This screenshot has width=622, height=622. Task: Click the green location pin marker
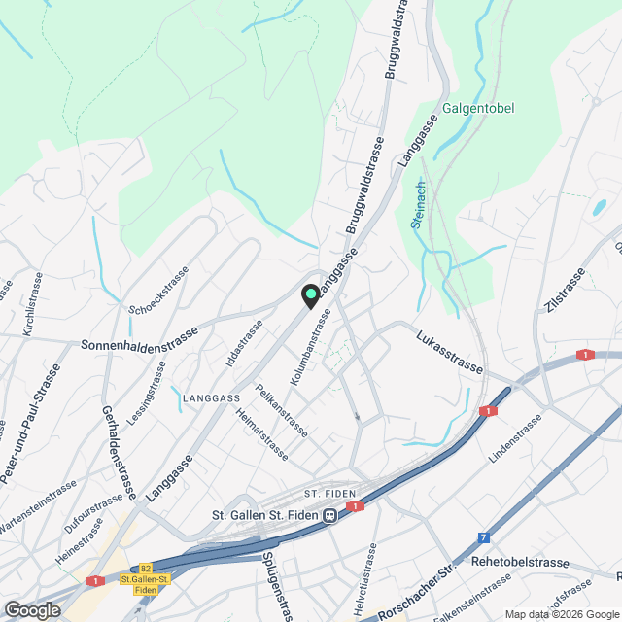[310, 295]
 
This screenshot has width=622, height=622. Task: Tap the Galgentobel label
[477, 108]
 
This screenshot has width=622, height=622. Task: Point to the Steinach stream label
[417, 204]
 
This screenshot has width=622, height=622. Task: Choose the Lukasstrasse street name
[449, 353]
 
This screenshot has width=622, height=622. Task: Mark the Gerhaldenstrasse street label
[116, 449]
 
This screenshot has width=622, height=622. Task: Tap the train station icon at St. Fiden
[331, 515]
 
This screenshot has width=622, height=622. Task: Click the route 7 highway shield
[483, 536]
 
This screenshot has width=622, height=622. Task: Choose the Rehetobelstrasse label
[519, 562]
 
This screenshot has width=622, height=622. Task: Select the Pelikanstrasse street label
[281, 409]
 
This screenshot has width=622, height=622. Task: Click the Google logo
[32, 609]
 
